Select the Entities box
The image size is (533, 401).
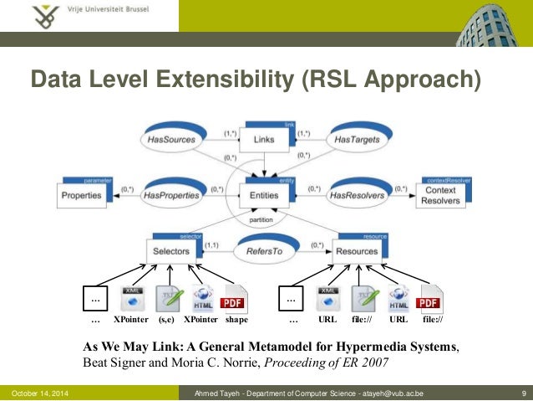tap(263, 195)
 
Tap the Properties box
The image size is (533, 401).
tap(84, 195)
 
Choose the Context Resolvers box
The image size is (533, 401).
tap(439, 195)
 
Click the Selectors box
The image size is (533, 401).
tap(171, 250)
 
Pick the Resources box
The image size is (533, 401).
tap(356, 250)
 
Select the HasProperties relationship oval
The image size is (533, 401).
tap(171, 195)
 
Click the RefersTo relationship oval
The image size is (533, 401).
tap(263, 250)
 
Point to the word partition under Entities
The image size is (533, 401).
tap(263, 220)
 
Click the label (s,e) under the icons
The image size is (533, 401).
tap(165, 320)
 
